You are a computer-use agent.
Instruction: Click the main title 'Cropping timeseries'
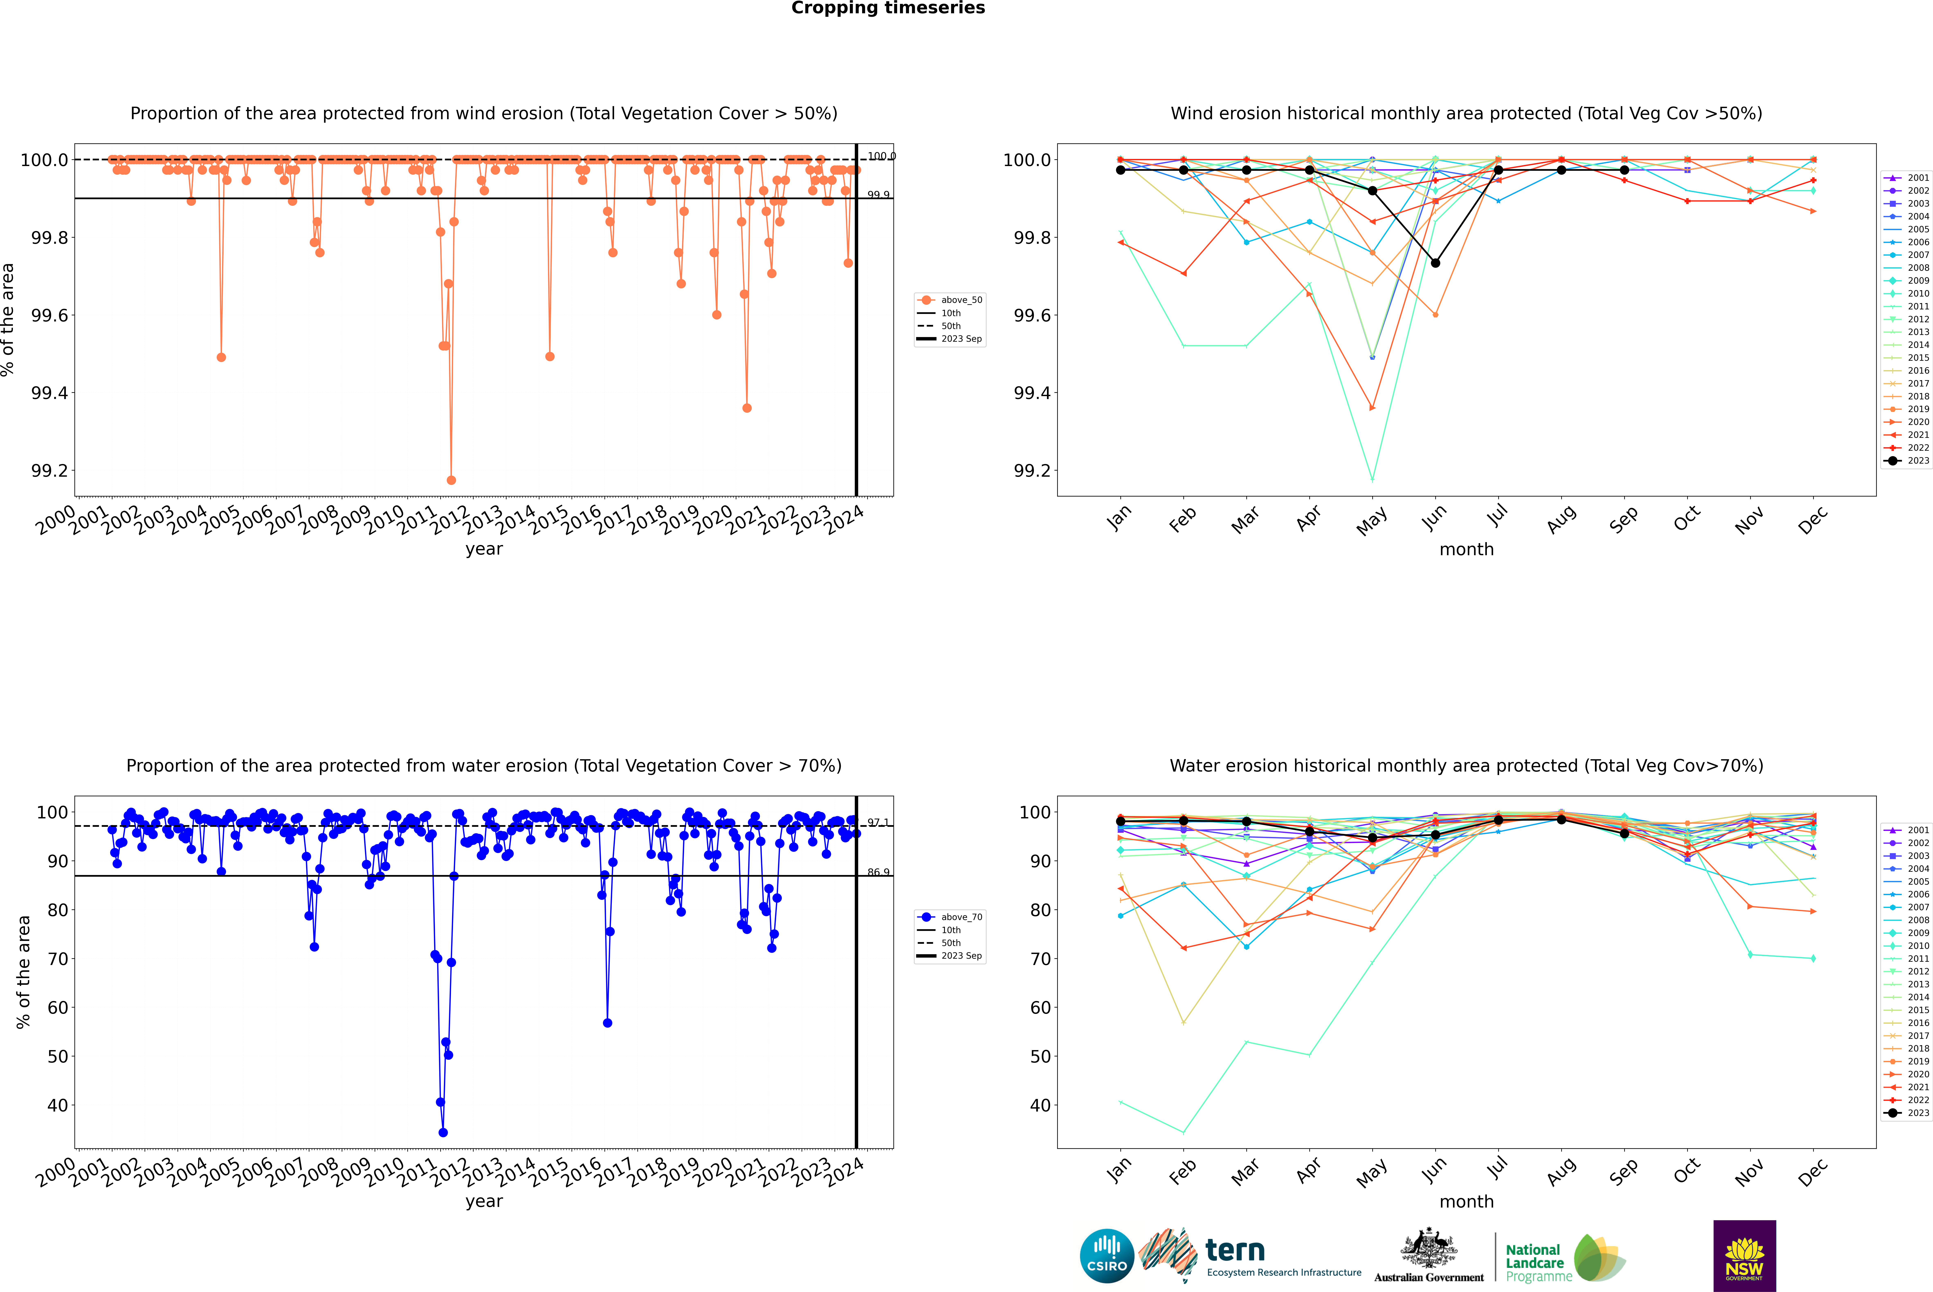887,8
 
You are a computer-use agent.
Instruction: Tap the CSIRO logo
1107,1256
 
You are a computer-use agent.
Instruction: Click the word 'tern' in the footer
1234,1250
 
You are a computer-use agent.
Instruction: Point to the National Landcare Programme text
1534,1262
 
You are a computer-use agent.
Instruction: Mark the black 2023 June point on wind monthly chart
1435,263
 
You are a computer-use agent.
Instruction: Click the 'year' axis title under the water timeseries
484,1201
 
